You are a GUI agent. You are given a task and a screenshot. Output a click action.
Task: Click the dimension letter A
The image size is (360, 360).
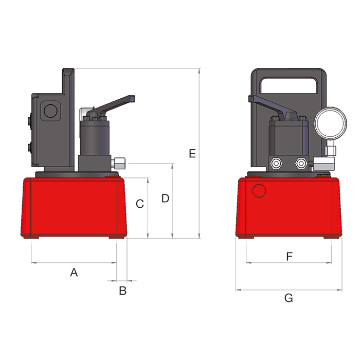74,273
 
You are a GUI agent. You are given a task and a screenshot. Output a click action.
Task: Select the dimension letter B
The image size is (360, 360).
122,291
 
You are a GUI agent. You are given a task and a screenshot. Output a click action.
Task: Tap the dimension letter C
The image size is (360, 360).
139,204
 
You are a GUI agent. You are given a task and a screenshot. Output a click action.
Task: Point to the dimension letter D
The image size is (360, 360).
165,199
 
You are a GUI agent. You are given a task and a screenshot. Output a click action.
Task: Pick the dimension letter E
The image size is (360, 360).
192,153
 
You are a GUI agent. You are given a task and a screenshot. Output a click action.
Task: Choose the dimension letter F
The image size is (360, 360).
289,256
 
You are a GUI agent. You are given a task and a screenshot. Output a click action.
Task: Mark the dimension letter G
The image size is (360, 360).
289,298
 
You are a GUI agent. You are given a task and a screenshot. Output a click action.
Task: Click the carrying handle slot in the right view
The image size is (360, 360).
288,85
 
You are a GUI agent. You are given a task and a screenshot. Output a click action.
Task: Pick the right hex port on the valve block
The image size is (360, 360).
300,164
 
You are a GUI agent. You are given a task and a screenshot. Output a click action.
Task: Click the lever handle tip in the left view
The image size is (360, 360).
132,98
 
